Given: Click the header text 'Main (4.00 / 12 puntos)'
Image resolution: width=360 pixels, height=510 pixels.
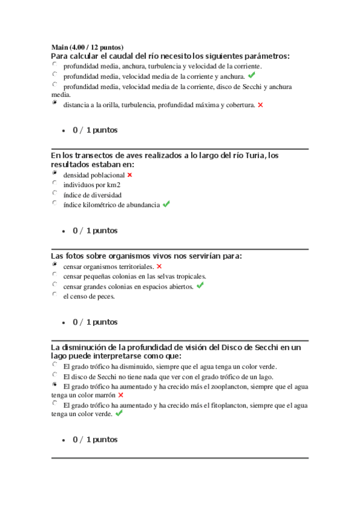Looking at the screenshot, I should click(x=87, y=47).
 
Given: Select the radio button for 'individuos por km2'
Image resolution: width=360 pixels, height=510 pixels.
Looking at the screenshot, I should click(x=55, y=183).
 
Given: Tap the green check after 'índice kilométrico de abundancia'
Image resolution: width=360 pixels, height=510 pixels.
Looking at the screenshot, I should click(x=166, y=204).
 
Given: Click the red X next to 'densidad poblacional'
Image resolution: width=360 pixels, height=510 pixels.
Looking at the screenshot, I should click(x=129, y=175).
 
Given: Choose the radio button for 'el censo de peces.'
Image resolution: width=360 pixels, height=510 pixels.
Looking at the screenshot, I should click(x=55, y=295).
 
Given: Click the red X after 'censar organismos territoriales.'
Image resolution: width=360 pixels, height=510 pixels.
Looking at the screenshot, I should click(x=159, y=266).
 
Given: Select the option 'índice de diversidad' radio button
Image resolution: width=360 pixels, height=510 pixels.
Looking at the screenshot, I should click(x=55, y=194).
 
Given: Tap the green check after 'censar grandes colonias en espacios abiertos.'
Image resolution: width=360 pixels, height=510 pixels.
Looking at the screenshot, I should click(x=200, y=286).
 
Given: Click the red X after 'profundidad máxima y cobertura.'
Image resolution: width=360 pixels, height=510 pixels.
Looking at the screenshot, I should click(x=260, y=105).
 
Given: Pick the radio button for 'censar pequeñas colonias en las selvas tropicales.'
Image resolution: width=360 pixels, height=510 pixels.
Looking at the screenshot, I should click(x=55, y=275).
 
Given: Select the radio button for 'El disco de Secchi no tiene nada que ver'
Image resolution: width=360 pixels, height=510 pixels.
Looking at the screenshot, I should click(x=55, y=375).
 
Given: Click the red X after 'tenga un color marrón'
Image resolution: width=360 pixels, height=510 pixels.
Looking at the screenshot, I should click(x=121, y=395).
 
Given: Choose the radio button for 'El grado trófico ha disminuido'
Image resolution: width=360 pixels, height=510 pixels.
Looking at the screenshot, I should click(x=55, y=364).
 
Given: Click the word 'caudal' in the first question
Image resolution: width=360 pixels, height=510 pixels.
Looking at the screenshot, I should click(x=106, y=56).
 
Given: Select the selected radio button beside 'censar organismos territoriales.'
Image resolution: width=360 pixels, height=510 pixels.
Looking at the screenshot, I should click(x=55, y=265).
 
